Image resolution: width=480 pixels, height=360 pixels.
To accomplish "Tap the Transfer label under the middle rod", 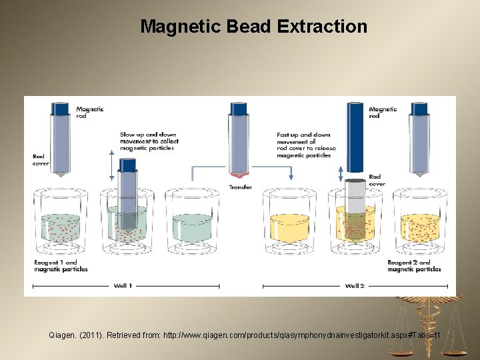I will (241, 187).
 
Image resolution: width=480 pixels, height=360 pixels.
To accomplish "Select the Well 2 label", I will (355, 285).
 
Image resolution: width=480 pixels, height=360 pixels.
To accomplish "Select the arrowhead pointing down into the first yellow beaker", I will (291, 177).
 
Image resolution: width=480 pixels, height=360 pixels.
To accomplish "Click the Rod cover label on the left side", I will (40, 160).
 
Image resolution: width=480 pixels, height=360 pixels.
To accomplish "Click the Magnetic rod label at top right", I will (383, 112).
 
